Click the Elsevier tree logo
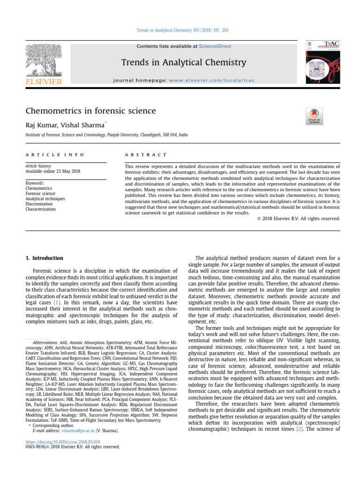[44, 63]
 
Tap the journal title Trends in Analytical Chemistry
[183, 62]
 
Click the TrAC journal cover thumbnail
[322, 62]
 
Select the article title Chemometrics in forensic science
[90, 111]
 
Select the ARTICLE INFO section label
[55, 154]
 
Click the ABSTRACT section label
[146, 154]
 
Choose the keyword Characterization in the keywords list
[41, 209]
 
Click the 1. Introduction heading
[44, 258]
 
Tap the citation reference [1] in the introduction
[57, 303]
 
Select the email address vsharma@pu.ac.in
[78, 430]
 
